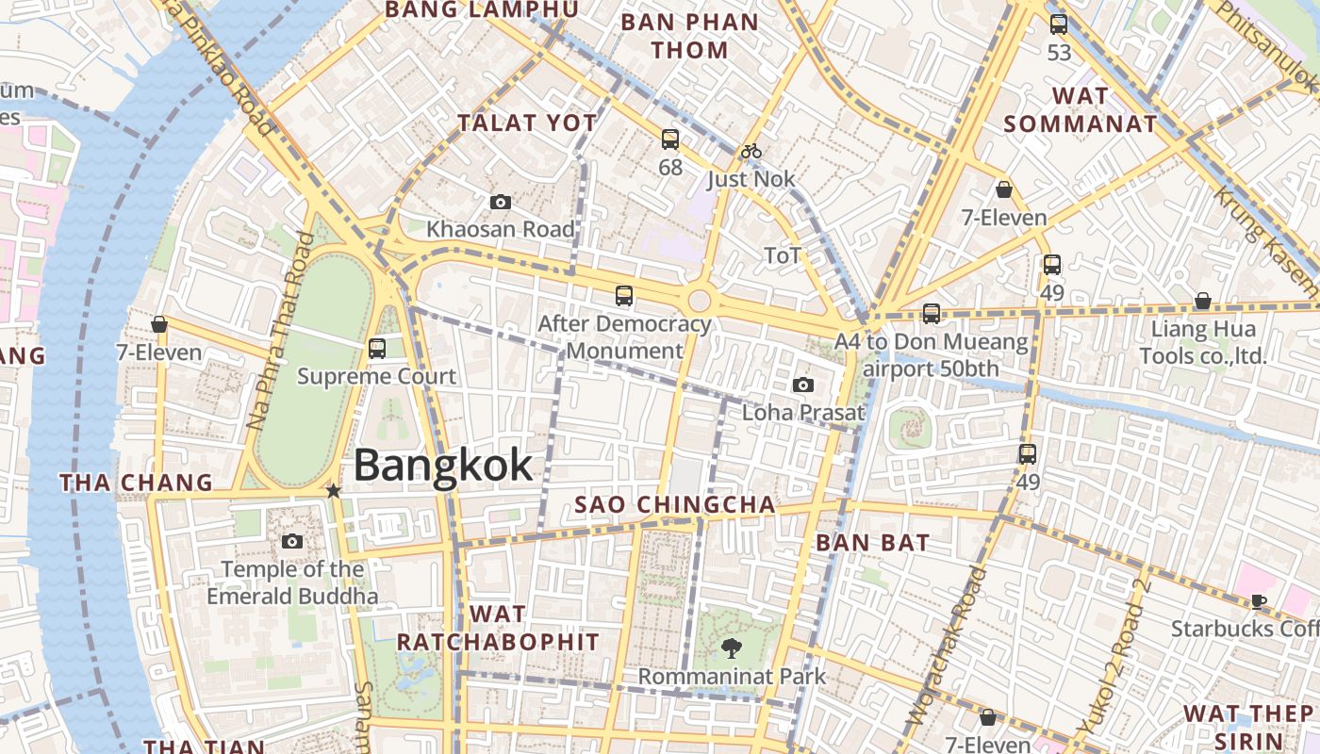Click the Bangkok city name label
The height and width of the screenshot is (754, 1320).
coord(443,466)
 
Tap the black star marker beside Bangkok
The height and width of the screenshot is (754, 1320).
coord(333,490)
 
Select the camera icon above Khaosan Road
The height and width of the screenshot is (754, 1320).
coord(500,202)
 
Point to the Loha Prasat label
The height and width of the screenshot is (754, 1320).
coord(803,412)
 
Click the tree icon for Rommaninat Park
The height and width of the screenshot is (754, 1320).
coord(731,647)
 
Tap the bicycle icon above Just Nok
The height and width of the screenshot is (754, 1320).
coord(751,151)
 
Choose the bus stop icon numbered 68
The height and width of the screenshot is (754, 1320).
coord(670,139)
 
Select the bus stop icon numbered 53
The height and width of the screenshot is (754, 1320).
coord(1059,25)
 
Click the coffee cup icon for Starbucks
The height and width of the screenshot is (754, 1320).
coord(1258,601)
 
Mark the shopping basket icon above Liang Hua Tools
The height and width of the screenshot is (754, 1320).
coord(1202,302)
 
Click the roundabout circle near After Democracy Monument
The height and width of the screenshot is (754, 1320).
coord(699,300)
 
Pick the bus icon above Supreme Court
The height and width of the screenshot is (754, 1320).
coord(377,349)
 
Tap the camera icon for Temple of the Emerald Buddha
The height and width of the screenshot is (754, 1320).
coord(292,541)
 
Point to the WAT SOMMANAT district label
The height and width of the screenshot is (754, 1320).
coord(1081,109)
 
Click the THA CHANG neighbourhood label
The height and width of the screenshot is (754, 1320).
coord(137,483)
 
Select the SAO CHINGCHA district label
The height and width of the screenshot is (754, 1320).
coord(675,504)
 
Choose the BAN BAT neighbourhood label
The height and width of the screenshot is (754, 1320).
coord(872,542)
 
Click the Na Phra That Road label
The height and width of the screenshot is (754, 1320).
coord(280,330)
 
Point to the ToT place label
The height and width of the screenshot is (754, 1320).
coord(783,255)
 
